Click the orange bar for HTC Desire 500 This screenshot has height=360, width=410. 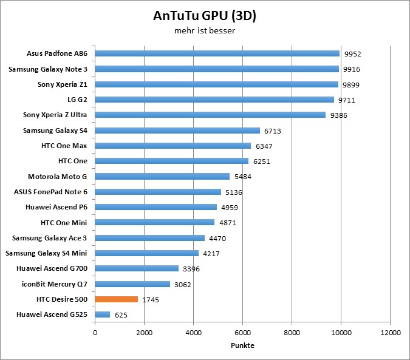coord(117,299)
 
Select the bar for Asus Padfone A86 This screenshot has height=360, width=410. coord(217,53)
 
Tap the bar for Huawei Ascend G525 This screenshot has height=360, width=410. coord(103,314)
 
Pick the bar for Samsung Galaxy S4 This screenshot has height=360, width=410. coord(177,130)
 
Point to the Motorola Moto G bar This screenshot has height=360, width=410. coord(162,176)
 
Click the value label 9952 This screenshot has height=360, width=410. coord(352,54)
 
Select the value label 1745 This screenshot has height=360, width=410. coord(151,300)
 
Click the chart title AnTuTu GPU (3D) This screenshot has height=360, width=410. coord(205,16)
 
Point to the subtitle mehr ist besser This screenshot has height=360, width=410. coord(205,31)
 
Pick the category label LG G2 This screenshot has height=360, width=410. coord(75,99)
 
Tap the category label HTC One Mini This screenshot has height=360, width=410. coord(64,222)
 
